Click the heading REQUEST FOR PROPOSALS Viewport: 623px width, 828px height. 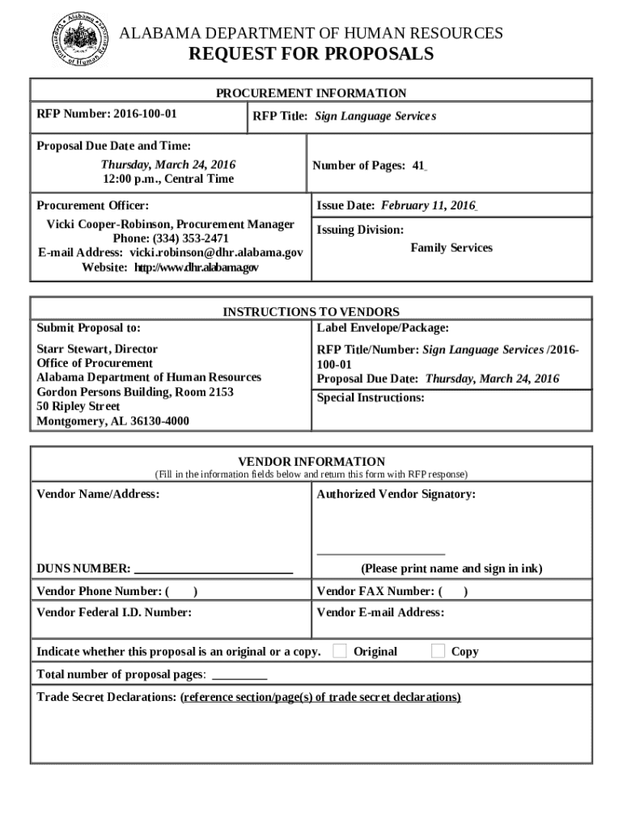(x=311, y=54)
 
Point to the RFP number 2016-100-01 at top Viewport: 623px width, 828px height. (x=145, y=112)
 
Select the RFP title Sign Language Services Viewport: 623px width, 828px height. (x=375, y=116)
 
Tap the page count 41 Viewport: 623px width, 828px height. (x=418, y=166)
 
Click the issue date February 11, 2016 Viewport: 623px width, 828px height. (x=429, y=205)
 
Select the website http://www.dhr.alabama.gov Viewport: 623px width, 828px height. (x=197, y=267)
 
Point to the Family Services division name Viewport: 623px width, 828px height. (x=451, y=247)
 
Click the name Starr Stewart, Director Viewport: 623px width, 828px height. (x=97, y=349)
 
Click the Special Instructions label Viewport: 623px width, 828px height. (x=371, y=398)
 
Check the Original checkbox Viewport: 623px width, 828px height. (x=340, y=651)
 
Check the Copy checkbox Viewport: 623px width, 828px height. (x=439, y=651)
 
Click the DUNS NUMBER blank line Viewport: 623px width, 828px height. (x=214, y=568)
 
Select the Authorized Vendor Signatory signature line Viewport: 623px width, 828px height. (x=381, y=553)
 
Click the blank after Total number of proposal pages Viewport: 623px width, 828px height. (x=239, y=674)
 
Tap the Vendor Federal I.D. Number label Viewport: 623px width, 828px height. (x=114, y=613)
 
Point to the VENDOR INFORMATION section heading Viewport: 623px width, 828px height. (x=311, y=462)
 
